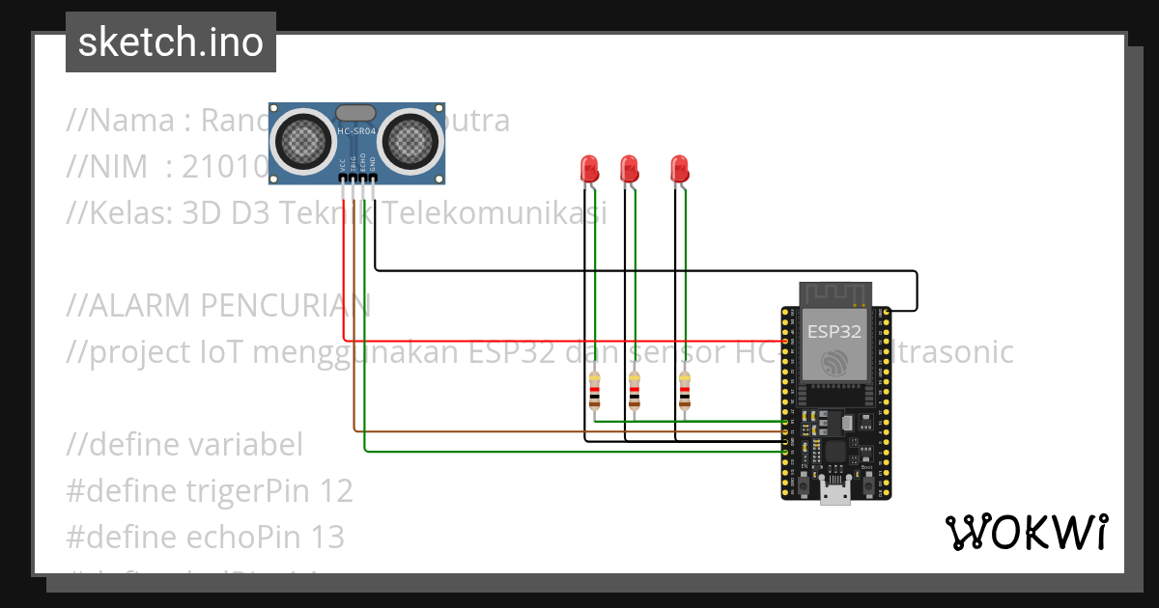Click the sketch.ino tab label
[170, 42]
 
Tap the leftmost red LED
[588, 169]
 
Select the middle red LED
[629, 169]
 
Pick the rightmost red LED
[680, 169]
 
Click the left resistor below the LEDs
[594, 392]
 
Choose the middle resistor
[635, 392]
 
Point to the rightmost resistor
[685, 392]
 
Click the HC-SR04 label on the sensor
[356, 131]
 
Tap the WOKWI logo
[1026, 533]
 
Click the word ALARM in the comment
[138, 306]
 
